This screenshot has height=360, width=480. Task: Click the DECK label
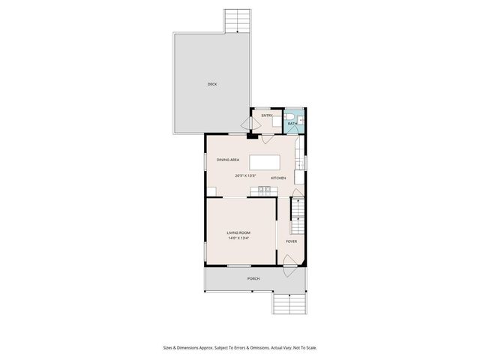click(x=212, y=84)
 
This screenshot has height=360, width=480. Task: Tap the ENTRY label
click(x=266, y=115)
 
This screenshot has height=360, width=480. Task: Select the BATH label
click(x=292, y=123)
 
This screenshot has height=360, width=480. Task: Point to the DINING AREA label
click(x=228, y=160)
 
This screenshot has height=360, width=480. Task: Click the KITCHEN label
click(x=278, y=178)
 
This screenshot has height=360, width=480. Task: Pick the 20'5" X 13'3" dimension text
click(x=245, y=175)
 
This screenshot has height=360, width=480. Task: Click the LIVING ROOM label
click(x=239, y=233)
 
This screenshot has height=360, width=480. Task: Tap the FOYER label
click(x=291, y=241)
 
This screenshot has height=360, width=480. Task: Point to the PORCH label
click(x=253, y=279)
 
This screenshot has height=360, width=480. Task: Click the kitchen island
click(x=264, y=162)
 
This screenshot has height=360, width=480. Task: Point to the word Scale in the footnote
click(x=310, y=347)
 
